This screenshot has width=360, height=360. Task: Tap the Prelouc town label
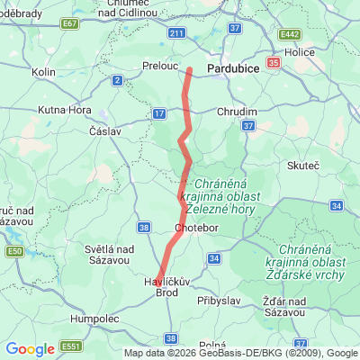pyautogui.click(x=162, y=67)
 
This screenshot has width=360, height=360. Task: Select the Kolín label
pyautogui.click(x=43, y=71)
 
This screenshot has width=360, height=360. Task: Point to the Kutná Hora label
pyautogui.click(x=64, y=110)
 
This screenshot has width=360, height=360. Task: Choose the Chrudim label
pyautogui.click(x=238, y=112)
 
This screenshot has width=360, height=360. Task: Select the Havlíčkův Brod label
pyautogui.click(x=166, y=287)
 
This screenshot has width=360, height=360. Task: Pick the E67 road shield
pyautogui.click(x=70, y=24)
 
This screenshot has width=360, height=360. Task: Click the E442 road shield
pyautogui.click(x=289, y=34)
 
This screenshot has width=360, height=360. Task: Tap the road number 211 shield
pyautogui.click(x=175, y=33)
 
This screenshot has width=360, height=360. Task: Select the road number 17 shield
pyautogui.click(x=159, y=113)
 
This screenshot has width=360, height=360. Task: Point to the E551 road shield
pyautogui.click(x=71, y=346)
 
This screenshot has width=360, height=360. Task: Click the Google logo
pyautogui.click(x=30, y=349)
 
